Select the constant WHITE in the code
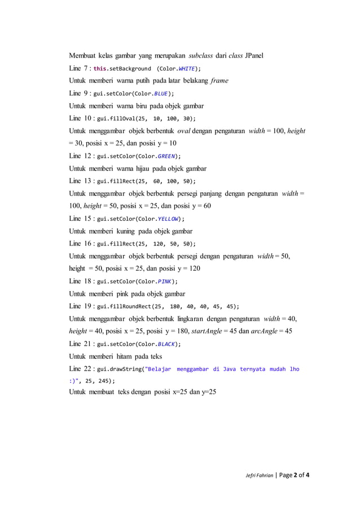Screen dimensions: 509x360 (184, 69)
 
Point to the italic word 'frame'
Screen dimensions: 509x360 (219, 81)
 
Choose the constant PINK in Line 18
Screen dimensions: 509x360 (163, 281)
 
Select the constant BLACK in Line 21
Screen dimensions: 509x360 (166, 344)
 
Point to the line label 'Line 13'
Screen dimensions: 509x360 (80, 181)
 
